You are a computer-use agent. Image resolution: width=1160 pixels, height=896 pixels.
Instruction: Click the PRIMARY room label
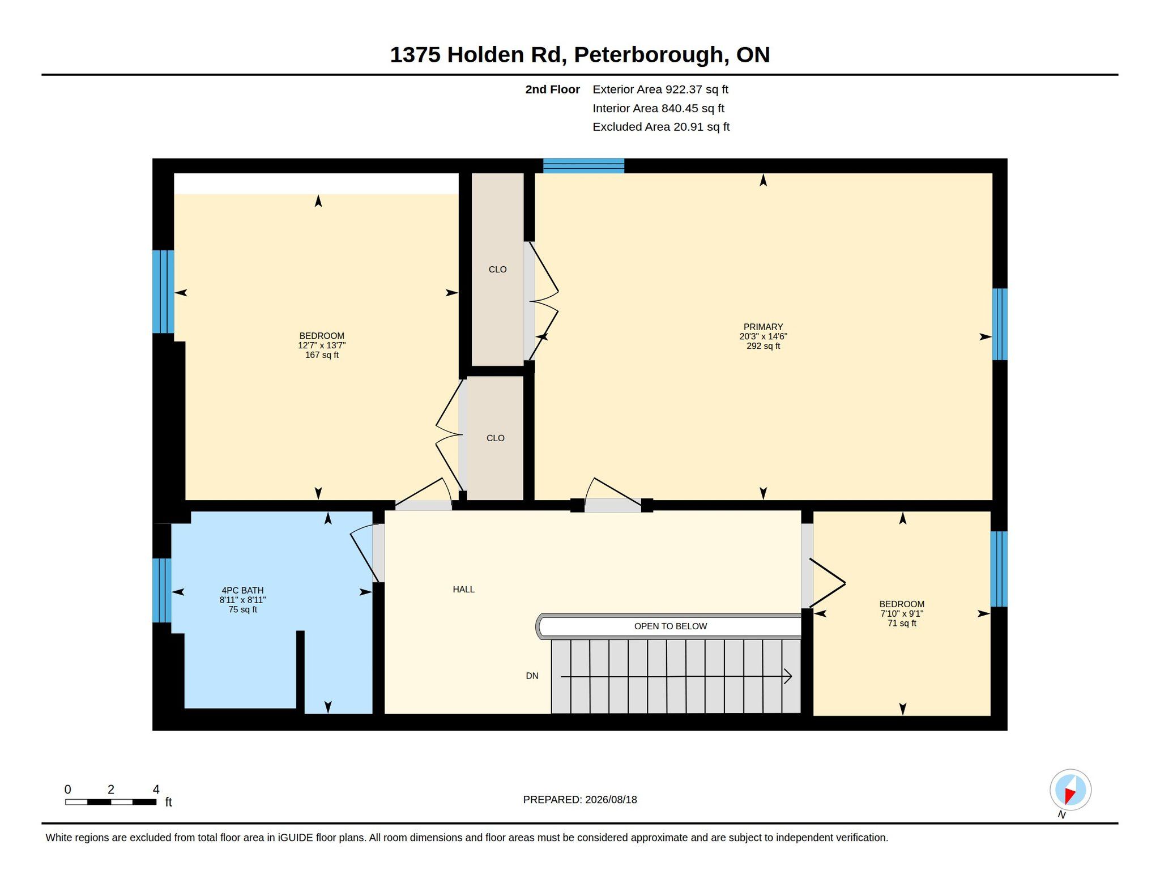763,327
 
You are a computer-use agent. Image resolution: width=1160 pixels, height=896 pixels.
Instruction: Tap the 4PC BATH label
242,590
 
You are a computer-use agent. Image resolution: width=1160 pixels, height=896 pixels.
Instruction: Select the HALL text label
463,590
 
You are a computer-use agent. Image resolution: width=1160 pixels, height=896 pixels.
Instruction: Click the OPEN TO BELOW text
671,626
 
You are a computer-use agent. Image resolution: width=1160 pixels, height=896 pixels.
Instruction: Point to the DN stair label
532,676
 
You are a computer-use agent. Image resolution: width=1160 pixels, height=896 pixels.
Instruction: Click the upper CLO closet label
497,270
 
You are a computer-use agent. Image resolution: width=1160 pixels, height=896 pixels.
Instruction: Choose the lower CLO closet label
495,438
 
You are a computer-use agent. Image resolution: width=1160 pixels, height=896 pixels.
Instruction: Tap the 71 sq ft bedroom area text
902,623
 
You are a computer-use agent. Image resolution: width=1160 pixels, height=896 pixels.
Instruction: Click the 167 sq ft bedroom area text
322,355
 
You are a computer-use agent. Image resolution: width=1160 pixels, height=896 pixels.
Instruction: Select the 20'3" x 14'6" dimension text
763,336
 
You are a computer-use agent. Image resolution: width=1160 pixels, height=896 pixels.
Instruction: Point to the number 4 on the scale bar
156,790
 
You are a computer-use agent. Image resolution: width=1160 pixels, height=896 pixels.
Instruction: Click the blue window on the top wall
583,166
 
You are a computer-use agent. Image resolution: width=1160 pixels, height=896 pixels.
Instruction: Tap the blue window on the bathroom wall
162,591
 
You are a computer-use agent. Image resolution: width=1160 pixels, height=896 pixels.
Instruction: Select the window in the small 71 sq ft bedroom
999,569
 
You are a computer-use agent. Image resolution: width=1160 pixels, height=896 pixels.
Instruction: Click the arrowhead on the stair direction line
788,676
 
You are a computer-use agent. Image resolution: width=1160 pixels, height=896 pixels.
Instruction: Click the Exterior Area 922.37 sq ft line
660,89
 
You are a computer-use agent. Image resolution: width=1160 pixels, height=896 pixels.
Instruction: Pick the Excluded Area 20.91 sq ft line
661,127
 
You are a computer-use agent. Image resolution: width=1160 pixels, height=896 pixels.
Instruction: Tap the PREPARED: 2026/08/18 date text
580,800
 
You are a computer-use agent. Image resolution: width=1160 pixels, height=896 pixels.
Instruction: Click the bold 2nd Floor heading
552,89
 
